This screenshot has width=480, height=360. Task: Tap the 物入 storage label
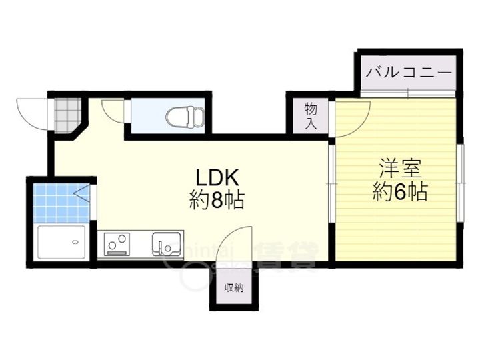point(310,116)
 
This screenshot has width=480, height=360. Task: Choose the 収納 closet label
point(233,288)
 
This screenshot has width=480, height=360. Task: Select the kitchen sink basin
point(167,243)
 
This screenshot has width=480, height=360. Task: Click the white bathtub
point(62,243)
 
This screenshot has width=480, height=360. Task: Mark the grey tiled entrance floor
point(67,114)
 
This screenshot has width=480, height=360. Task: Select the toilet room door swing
point(114,110)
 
